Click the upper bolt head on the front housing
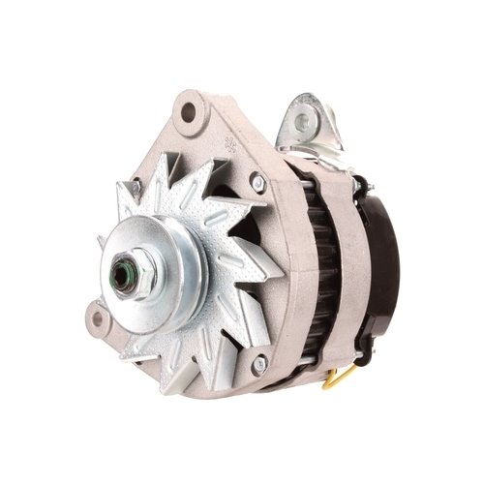point(258,180)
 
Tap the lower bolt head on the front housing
point(258,364)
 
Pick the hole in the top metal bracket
point(304,122)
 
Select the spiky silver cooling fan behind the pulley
point(223,232)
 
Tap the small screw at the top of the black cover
point(360,181)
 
